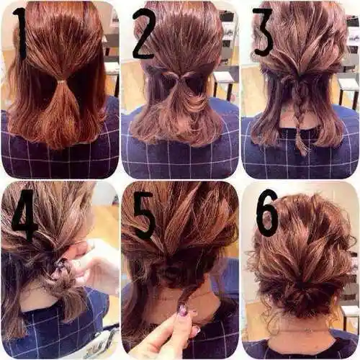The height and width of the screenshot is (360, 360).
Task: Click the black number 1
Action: [22, 34]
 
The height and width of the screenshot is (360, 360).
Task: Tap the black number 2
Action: [144, 34]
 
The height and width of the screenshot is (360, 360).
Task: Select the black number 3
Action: [263, 32]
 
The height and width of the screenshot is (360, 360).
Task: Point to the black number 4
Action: [24, 215]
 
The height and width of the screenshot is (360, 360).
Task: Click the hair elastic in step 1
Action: [60, 82]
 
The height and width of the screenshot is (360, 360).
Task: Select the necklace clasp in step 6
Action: [309, 330]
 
